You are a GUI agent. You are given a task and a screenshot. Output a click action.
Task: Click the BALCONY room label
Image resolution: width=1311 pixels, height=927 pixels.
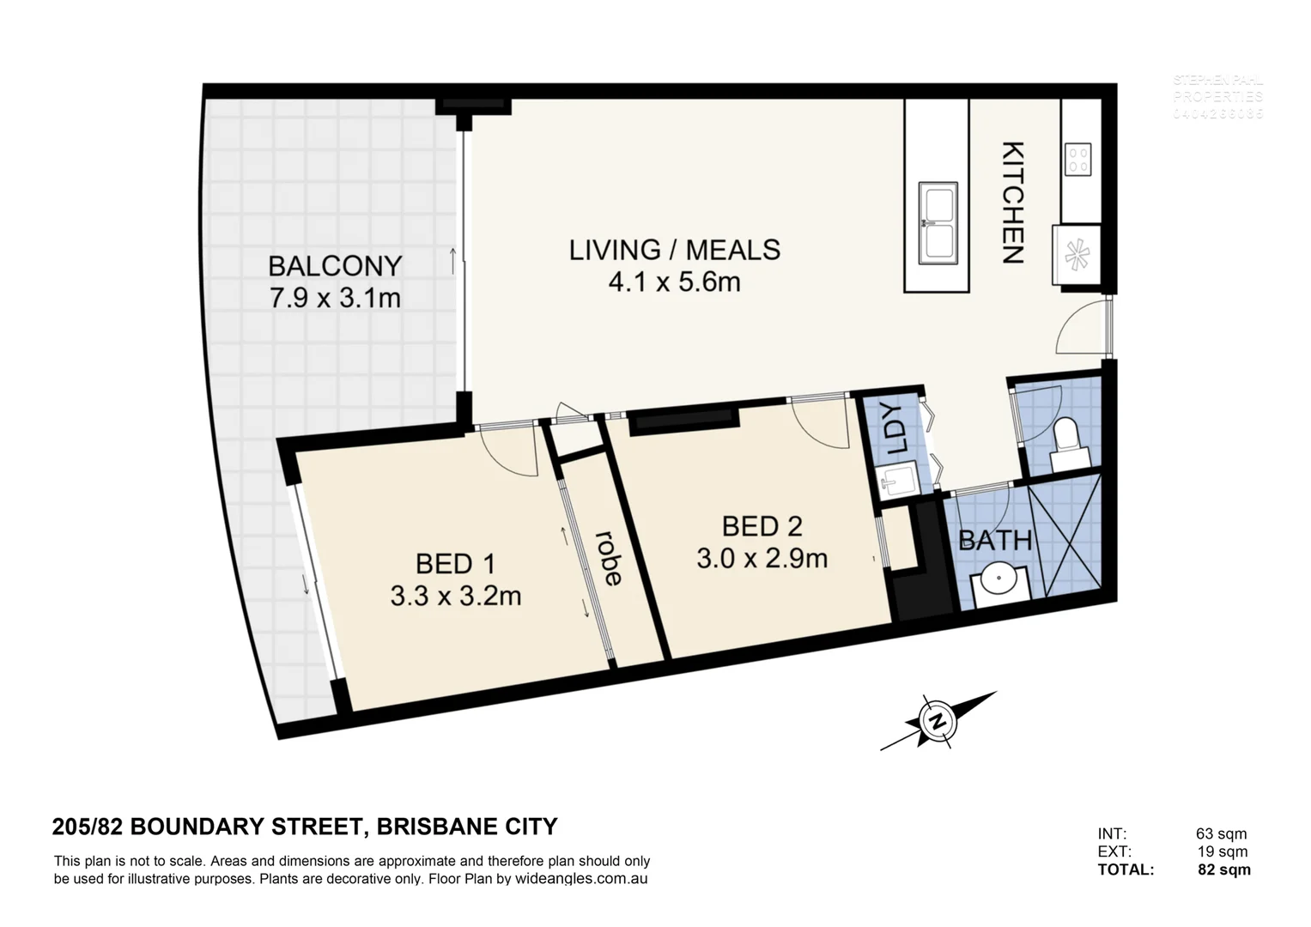pos(335,266)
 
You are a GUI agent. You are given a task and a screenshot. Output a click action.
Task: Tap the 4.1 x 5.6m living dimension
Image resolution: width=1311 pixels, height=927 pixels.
pos(674,282)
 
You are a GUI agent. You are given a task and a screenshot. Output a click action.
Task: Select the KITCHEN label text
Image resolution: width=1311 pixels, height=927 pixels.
pos(1014,202)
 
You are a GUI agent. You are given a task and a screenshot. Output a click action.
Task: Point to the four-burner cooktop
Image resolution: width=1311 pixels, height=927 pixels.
pos(1078,159)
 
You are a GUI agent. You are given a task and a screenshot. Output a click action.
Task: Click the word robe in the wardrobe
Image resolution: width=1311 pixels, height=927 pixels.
pos(610,558)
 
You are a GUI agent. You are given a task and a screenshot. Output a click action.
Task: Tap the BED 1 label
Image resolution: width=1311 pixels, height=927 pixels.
pos(455,564)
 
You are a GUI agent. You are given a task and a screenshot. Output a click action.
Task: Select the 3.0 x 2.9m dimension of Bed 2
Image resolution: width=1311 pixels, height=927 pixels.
pos(762,559)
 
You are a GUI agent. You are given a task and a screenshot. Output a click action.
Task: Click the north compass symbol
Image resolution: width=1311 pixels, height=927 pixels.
pos(938,719)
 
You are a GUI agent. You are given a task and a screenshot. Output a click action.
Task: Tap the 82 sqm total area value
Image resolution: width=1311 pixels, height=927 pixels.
pos(1223,869)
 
